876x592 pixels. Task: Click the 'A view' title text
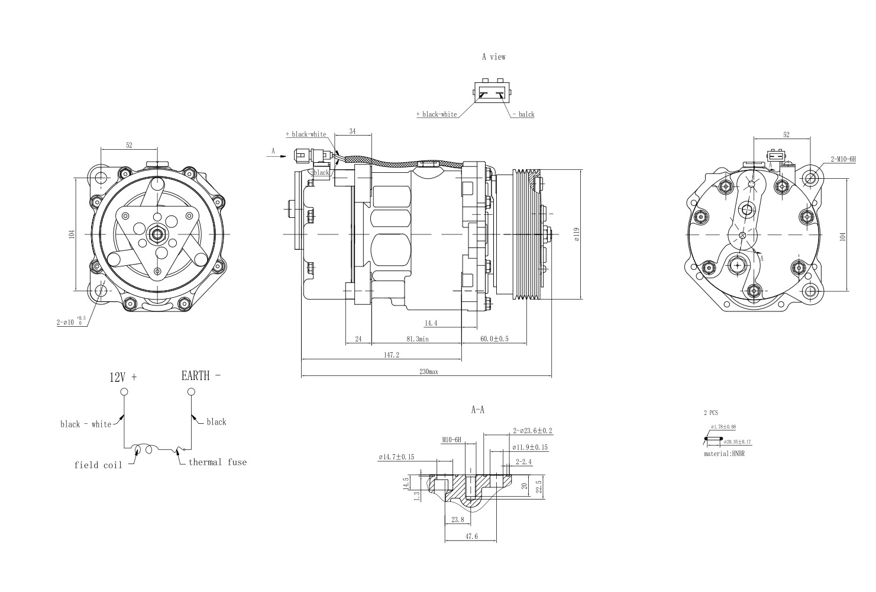(x=493, y=57)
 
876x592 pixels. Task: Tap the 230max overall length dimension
(x=429, y=372)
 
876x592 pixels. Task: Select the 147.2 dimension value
(x=392, y=355)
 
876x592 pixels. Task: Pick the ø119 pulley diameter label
(x=576, y=234)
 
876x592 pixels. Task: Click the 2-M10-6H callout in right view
(x=843, y=159)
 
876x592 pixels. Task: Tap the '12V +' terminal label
(x=123, y=377)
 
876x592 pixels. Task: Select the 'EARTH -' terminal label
(x=201, y=375)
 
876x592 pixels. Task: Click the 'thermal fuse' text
(x=217, y=462)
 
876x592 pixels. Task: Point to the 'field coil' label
(x=98, y=465)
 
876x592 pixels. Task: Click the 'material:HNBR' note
(x=724, y=453)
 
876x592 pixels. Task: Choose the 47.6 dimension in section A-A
(x=471, y=536)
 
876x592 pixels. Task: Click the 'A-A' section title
(x=477, y=409)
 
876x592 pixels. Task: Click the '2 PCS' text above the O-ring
(x=710, y=412)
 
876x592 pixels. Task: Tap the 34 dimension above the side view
(x=353, y=131)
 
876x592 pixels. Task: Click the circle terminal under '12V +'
(x=124, y=392)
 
